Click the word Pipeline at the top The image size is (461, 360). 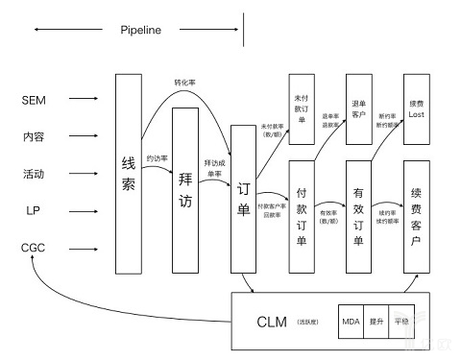pyautogui.click(x=141, y=30)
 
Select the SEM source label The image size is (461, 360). pyautogui.click(x=33, y=99)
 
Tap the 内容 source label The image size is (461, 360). pyautogui.click(x=33, y=136)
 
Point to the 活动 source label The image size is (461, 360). pyautogui.click(x=33, y=174)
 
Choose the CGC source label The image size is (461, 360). pyautogui.click(x=33, y=247)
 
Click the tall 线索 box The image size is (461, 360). pyautogui.click(x=129, y=173)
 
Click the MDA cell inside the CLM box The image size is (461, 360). pyautogui.click(x=351, y=321)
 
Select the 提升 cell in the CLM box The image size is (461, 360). pyautogui.click(x=376, y=321)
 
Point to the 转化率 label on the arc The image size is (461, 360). pyautogui.click(x=185, y=82)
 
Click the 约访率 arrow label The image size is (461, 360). pyautogui.click(x=157, y=157)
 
